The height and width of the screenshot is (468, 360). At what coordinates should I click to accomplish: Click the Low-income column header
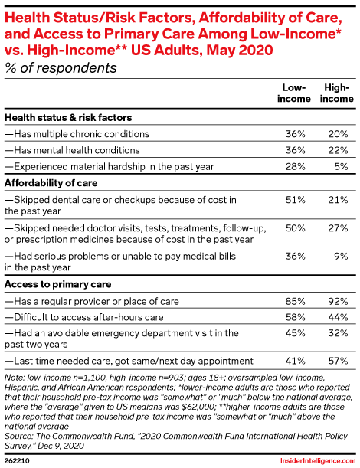[x=293, y=93]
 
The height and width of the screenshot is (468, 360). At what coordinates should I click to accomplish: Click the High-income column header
[x=337, y=93]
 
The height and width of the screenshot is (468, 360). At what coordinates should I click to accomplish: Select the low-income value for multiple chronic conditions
[x=295, y=134]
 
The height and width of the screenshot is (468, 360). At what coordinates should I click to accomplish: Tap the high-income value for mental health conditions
[x=338, y=150]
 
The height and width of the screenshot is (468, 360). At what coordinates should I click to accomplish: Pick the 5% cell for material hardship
[x=341, y=166]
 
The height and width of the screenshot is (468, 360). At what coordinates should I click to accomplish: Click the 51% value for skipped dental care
[x=295, y=200]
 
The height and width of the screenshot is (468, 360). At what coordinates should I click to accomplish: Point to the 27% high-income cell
[x=338, y=228]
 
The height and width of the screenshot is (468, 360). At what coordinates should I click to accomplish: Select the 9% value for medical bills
[x=341, y=256]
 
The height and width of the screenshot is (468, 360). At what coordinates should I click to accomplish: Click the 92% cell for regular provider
[x=338, y=301]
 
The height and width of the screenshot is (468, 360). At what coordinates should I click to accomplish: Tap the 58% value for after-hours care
[x=295, y=317]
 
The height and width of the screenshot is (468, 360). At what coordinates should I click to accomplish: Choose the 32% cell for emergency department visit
[x=338, y=332]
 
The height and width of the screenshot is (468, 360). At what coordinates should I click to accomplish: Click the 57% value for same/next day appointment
[x=338, y=361]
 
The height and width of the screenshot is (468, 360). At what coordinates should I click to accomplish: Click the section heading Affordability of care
[x=51, y=183]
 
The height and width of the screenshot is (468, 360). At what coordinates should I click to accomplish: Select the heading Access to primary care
[x=58, y=284]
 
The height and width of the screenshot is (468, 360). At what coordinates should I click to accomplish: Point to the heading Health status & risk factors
[x=68, y=118]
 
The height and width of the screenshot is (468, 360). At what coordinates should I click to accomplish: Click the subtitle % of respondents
[x=61, y=67]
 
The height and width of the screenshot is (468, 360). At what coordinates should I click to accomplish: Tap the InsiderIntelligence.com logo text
[x=318, y=461]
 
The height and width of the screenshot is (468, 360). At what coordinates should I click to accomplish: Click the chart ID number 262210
[x=17, y=461]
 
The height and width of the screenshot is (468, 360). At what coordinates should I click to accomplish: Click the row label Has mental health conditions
[x=72, y=150]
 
